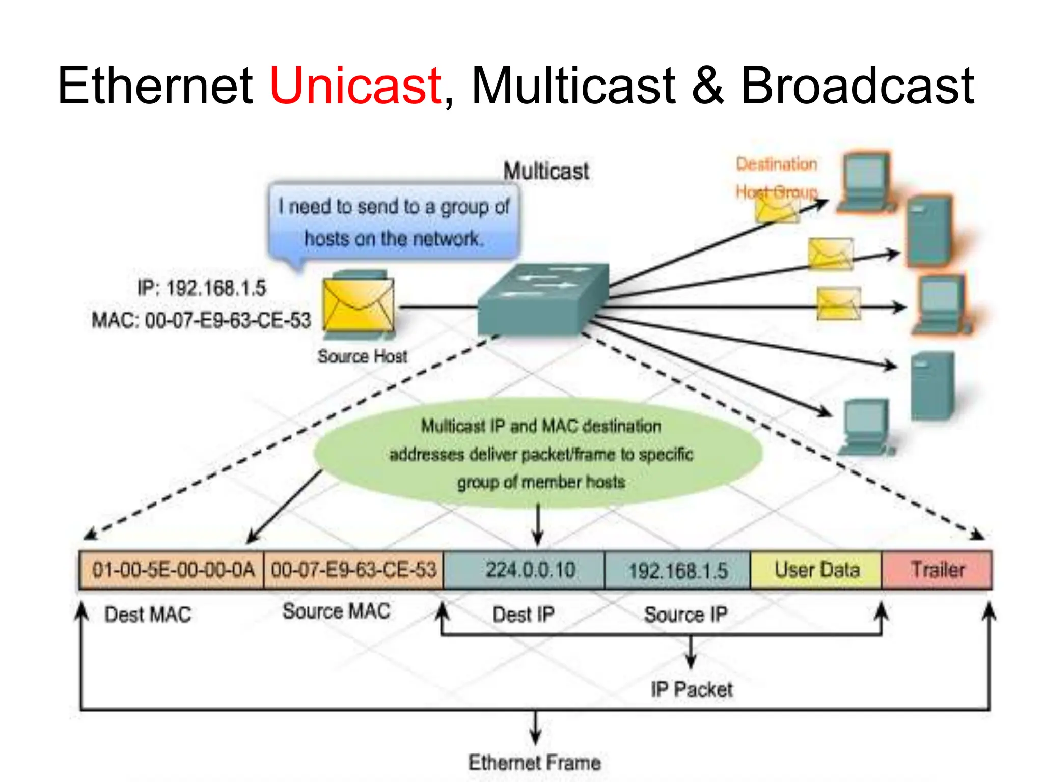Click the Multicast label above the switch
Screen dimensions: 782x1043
[546, 171]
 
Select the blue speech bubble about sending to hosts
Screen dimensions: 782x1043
[394, 222]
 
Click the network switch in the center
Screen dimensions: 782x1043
[543, 300]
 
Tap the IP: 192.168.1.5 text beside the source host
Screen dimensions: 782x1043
[202, 288]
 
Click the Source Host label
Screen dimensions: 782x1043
[362, 356]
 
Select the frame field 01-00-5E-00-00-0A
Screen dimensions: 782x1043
[172, 570]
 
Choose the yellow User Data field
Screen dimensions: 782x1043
[816, 570]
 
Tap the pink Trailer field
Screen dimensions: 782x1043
[937, 570]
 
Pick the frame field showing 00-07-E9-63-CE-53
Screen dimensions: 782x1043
[353, 570]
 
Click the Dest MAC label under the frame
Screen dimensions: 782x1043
[148, 615]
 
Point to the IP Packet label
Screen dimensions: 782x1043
[691, 690]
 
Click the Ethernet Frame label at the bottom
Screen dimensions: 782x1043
[534, 762]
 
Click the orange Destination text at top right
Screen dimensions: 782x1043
[776, 164]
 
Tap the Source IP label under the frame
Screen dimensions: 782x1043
[685, 615]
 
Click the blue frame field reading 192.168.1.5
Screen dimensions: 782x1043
[677, 570]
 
